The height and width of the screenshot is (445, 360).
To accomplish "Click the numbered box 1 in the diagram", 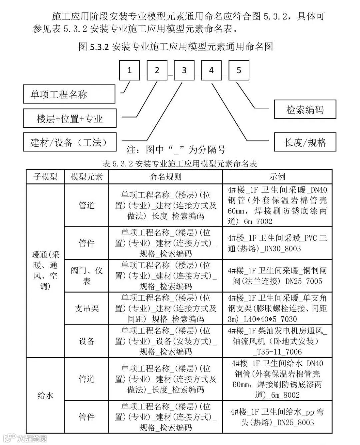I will (129, 70).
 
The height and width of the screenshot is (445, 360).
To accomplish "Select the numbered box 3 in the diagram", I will (184, 70).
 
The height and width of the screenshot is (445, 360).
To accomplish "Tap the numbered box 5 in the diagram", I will (239, 70).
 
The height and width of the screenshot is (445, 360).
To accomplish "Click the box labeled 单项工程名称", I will (69, 94).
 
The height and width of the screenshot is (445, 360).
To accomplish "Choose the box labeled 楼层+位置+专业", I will (69, 118).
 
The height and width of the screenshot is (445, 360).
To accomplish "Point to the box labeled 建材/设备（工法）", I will (69, 142).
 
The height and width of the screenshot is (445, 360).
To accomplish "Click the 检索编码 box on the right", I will (305, 109).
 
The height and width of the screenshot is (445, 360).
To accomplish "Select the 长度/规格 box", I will (305, 142).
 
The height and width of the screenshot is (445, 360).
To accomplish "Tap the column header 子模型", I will (45, 177).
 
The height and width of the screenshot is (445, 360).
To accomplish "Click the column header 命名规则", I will (165, 177).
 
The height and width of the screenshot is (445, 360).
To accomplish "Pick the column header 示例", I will (277, 177).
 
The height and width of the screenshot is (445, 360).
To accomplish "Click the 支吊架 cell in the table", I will (87, 308).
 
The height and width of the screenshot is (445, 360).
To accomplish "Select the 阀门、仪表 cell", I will (87, 276).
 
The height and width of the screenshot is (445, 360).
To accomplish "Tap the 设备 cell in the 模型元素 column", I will (87, 341).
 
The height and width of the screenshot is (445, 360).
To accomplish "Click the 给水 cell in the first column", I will (45, 395).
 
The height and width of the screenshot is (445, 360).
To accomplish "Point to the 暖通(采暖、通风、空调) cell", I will (45, 270).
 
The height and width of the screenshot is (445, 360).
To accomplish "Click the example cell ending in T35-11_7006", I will (277, 341).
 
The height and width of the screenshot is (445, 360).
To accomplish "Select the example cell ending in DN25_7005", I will (277, 276).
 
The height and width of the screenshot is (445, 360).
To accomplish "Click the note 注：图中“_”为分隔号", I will (176, 150).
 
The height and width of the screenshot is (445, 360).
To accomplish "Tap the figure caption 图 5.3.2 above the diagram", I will (176, 46).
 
